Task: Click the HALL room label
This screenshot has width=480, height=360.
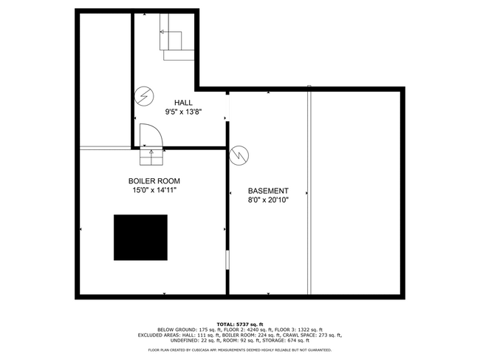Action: [183, 102]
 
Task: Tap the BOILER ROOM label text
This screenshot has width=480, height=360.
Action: [154, 181]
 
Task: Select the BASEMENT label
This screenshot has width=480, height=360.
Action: [268, 191]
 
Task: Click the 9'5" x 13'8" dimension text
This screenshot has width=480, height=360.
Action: [184, 112]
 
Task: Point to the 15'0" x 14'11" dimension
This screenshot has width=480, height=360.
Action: [154, 190]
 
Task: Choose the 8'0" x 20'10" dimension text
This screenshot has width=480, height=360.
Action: [268, 200]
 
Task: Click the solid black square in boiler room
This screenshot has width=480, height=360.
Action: [140, 237]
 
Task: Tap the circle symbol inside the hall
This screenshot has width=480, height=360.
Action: [144, 97]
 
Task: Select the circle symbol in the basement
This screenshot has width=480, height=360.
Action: [239, 155]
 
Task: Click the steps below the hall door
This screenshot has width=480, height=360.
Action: [151, 156]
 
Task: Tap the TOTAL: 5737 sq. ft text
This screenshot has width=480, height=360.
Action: [240, 325]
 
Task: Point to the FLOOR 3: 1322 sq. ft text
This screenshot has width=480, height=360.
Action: [298, 330]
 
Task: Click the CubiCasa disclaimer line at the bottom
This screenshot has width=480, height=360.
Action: [240, 350]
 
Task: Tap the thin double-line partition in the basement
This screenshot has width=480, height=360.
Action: [309, 190]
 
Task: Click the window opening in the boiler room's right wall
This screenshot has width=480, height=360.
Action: [227, 259]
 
